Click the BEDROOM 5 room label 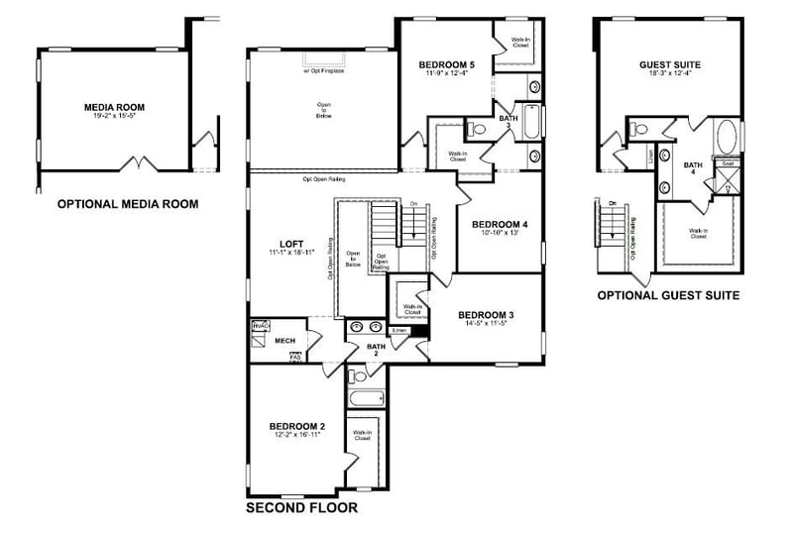(446, 65)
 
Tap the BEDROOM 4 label (499, 224)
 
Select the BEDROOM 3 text (485, 315)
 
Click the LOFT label (291, 244)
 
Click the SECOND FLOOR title (301, 508)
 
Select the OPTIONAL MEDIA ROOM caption (127, 205)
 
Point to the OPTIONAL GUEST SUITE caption (668, 295)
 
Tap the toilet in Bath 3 (477, 129)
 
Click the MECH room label (285, 341)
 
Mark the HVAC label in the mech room (262, 325)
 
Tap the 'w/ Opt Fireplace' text (323, 71)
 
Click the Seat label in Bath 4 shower (727, 163)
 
